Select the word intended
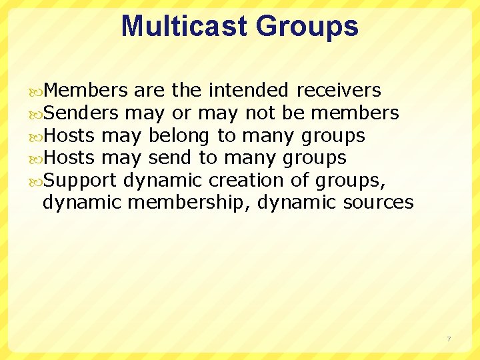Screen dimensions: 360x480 click(x=249, y=90)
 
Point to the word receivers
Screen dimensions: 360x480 click(x=339, y=90)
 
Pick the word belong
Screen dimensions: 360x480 click(x=179, y=136)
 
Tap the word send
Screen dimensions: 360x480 click(x=170, y=158)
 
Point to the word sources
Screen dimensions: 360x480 click(x=378, y=202)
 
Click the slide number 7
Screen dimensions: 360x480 click(x=449, y=339)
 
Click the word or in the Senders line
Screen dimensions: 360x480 click(x=182, y=113)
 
